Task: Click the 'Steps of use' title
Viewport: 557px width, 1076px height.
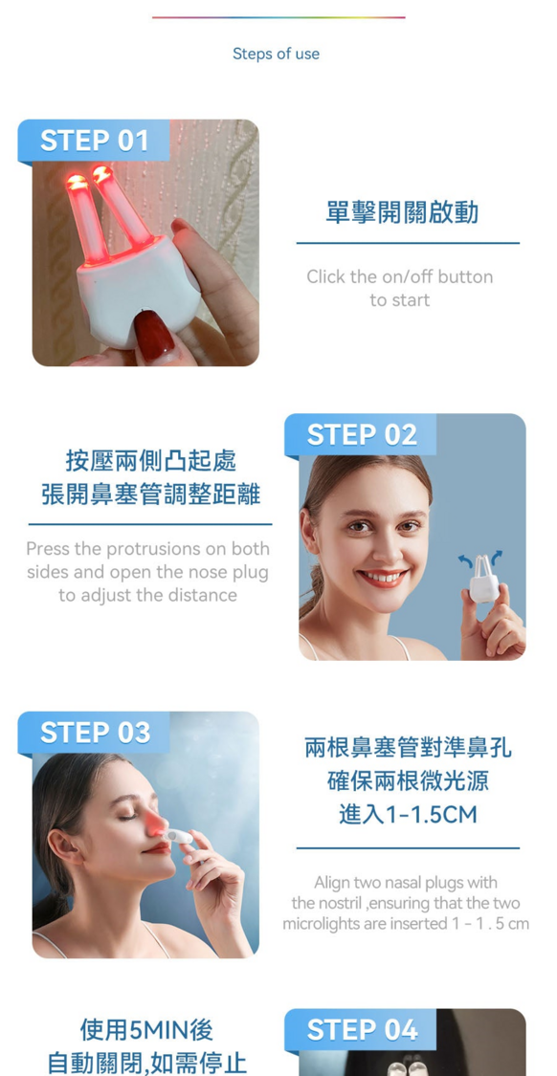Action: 276,54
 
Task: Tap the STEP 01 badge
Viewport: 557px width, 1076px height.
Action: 94,141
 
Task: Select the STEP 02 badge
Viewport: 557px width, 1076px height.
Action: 361,434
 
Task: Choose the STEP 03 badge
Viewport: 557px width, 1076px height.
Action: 94,733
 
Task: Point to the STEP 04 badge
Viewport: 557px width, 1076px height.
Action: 361,1029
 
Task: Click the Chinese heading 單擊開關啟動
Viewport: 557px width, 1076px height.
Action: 402,212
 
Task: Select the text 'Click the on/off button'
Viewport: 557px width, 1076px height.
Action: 400,276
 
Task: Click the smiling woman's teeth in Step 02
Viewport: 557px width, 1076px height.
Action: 383,577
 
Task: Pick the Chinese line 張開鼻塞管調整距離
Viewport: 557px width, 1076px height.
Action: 151,494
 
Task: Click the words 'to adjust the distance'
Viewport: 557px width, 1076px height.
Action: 147,595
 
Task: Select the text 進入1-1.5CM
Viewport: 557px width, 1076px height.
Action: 408,815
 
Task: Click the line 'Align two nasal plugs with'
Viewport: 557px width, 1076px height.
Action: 406,882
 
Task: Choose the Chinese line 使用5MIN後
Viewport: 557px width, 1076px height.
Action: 146,1029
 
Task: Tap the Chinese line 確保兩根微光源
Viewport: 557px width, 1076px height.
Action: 408,780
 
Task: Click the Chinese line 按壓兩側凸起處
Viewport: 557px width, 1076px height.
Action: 151,460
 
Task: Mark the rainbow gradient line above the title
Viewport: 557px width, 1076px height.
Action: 278,17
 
